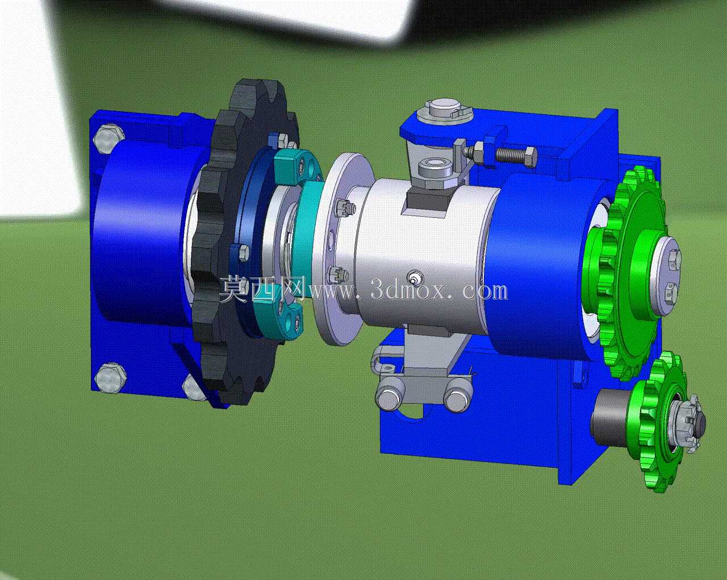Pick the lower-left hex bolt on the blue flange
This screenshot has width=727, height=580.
tap(110, 377)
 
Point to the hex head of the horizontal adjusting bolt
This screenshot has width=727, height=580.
tap(528, 157)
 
